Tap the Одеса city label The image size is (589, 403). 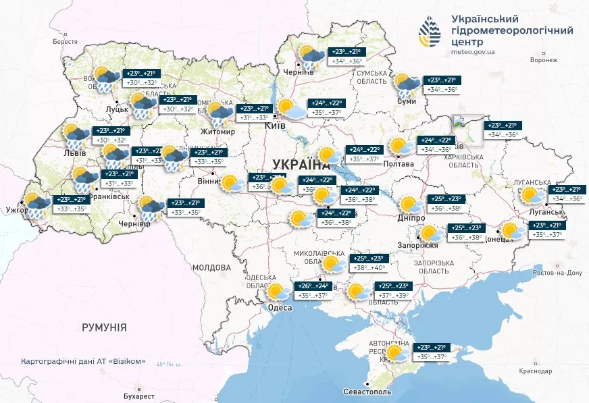tap(280, 308)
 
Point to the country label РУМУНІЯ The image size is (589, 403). tap(104, 327)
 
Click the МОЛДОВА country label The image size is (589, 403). tap(211, 267)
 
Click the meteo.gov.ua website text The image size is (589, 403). tap(471, 51)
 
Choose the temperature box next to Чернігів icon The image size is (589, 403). tap(346, 57)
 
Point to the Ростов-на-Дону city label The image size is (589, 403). tap(556, 273)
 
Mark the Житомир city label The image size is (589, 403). tap(217, 132)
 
